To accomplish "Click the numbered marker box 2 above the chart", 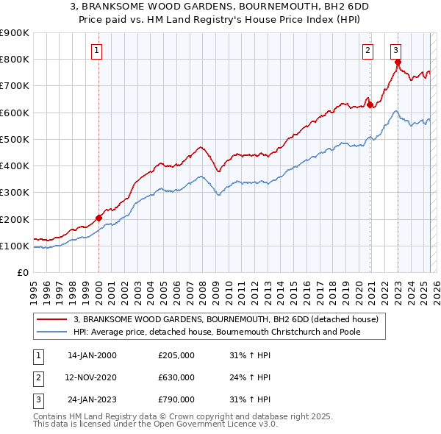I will (367, 50).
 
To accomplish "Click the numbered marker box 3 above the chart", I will (395, 50).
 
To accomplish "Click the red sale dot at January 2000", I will (98, 218).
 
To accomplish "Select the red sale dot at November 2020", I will (370, 104).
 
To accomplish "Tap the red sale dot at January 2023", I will (398, 63).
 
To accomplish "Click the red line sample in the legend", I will (52, 319).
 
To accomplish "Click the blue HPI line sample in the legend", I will (52, 332).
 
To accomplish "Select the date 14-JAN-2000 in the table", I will (92, 355).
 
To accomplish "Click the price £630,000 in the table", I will (176, 377).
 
